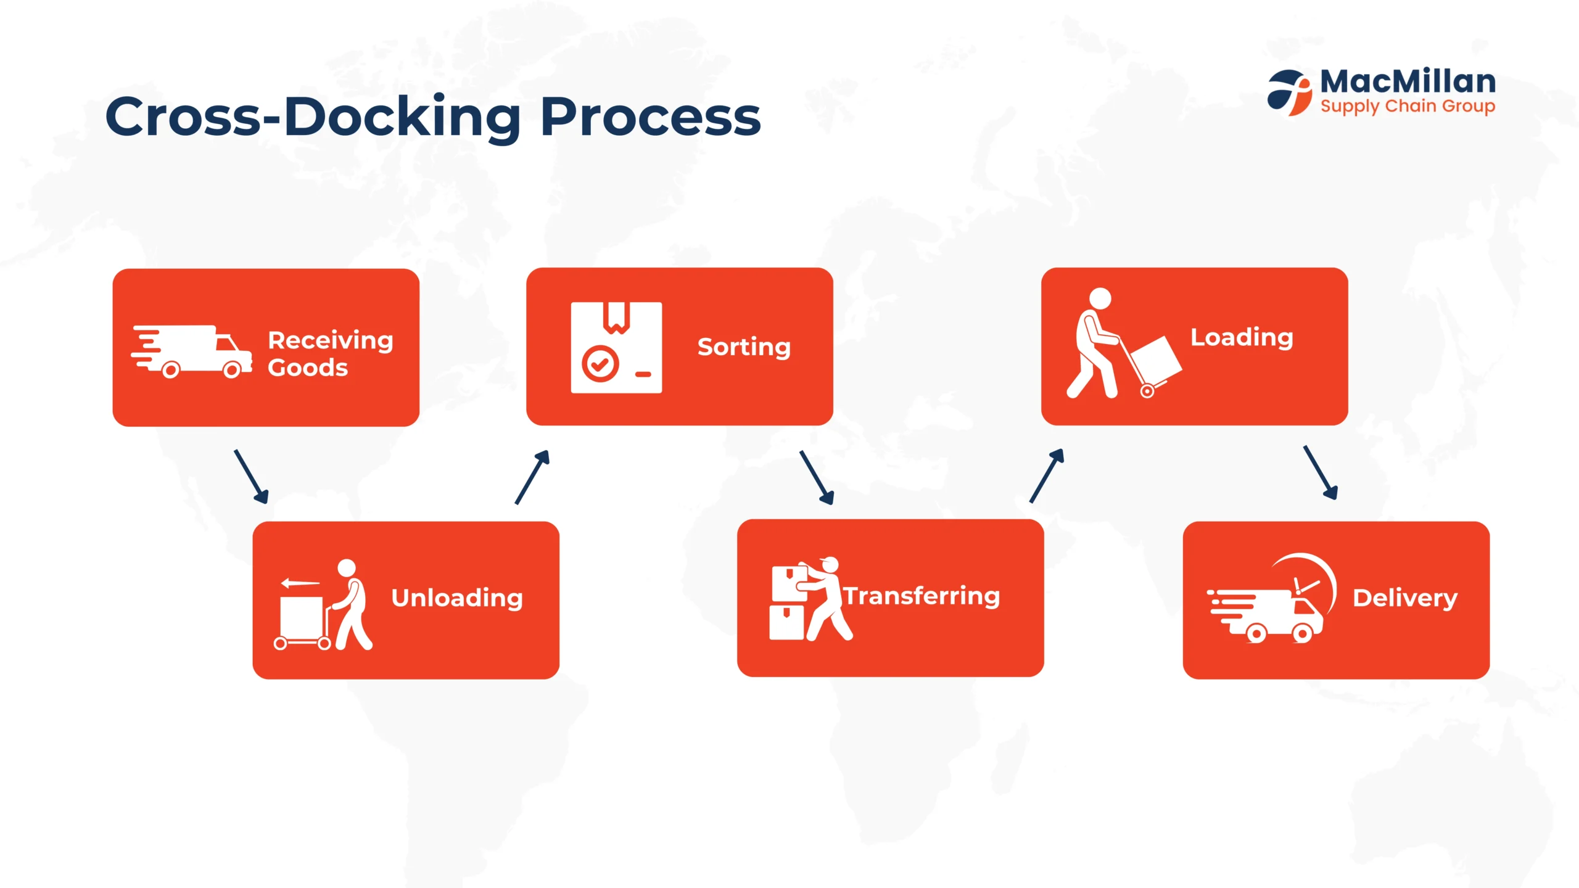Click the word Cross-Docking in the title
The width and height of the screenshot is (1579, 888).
coord(313,117)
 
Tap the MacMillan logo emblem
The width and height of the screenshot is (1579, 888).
coord(1290,92)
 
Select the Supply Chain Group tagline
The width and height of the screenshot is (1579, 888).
coord(1408,107)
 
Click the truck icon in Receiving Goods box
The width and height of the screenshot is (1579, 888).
coord(191,351)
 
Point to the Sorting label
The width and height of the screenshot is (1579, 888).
coord(744,348)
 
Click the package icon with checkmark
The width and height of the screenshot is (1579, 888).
coord(616,347)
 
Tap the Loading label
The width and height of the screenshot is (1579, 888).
coord(1242,338)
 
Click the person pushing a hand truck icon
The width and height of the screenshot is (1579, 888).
coord(1124,343)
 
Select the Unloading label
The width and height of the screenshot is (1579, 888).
coord(457,598)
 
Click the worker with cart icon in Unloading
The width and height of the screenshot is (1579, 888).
coord(323,605)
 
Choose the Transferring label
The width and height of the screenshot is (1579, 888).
coord(921,596)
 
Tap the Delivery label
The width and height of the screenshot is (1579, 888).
coord(1405,598)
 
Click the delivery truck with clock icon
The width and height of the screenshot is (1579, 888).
coord(1272,598)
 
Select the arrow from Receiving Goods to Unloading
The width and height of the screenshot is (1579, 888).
coord(251,477)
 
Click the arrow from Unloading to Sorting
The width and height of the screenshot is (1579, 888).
coord(532,477)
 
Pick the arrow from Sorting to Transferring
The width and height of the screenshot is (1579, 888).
coord(817,477)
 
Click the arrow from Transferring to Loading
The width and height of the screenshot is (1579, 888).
coord(1047,475)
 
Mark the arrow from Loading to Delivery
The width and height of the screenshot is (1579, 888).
coord(1320,472)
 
